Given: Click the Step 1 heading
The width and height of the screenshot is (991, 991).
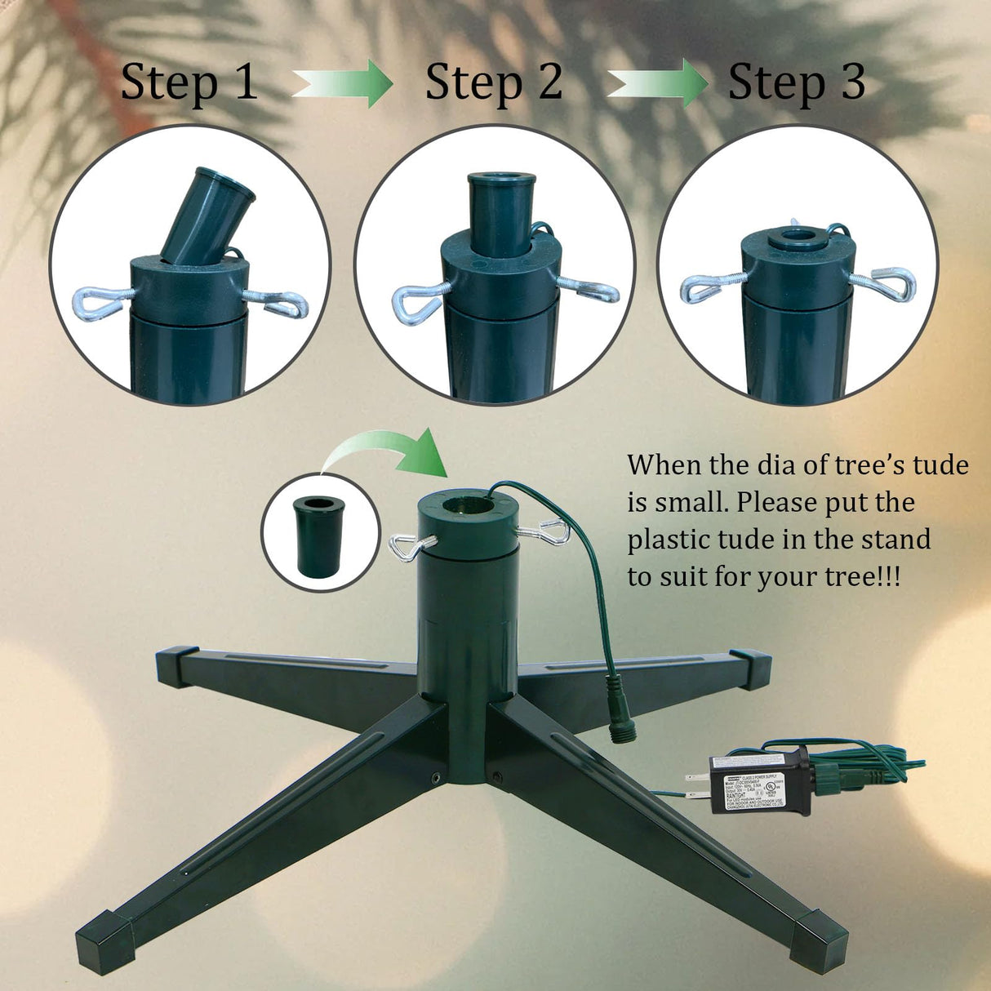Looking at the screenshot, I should (x=189, y=83).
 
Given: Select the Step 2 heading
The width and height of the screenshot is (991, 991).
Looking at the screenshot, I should (x=494, y=83).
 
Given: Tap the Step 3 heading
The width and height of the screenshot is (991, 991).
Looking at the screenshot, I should (x=797, y=83).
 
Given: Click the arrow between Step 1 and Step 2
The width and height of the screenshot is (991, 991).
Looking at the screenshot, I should (x=344, y=83).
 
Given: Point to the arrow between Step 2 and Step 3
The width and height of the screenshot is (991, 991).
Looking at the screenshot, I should (x=658, y=83).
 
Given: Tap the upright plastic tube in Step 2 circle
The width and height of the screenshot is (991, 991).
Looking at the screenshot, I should (x=500, y=204).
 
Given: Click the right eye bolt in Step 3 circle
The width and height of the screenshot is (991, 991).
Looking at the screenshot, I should (x=883, y=283).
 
